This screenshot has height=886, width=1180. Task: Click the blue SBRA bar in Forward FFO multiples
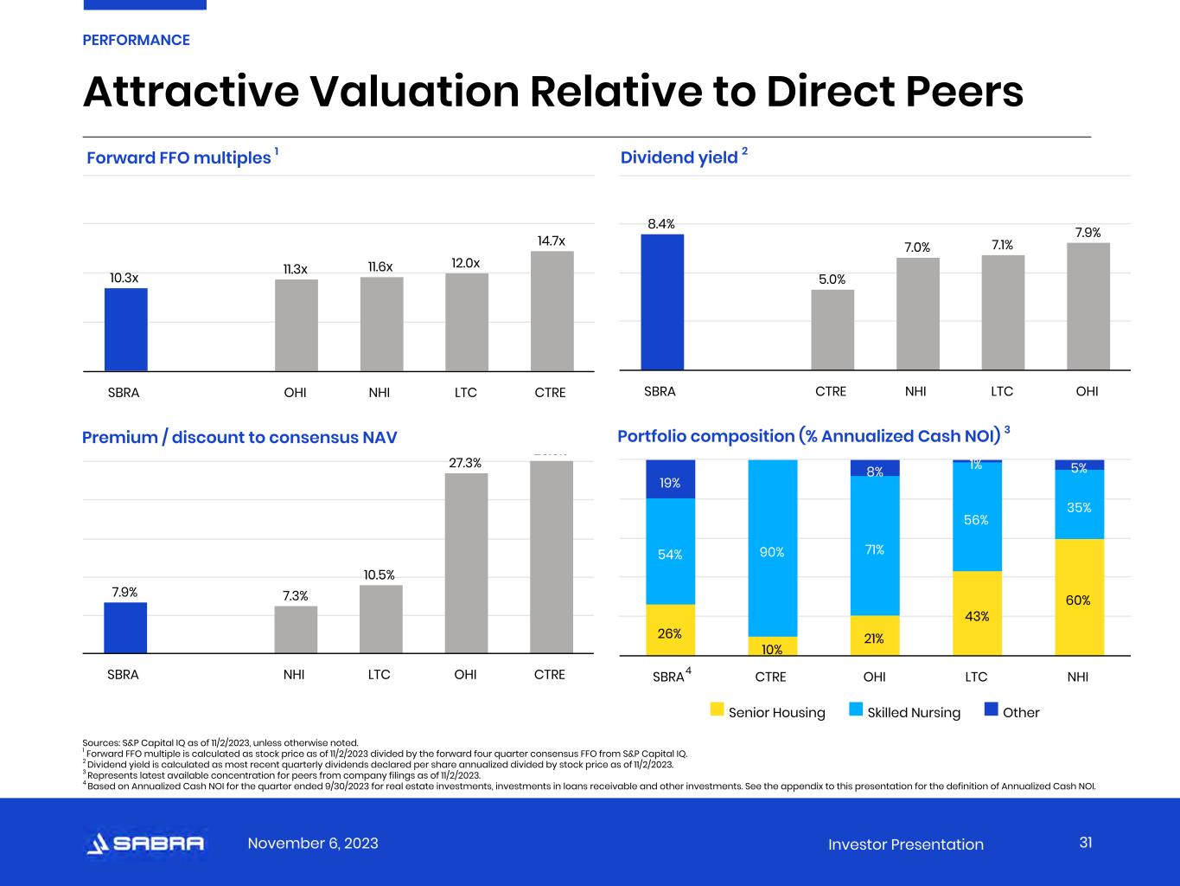click(x=126, y=330)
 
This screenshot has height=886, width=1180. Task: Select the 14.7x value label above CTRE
click(x=552, y=241)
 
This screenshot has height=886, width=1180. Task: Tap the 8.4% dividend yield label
click(x=661, y=224)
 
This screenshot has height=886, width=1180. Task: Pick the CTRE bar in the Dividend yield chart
click(x=832, y=330)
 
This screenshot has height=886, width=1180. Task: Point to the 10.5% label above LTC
click(x=380, y=575)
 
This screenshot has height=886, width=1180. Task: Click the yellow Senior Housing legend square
click(x=717, y=710)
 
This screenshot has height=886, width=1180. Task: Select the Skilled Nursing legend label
click(x=914, y=713)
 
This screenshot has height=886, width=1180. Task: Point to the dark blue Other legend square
click(x=992, y=710)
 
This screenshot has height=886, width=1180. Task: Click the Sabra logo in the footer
click(x=145, y=844)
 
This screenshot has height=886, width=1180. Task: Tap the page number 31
click(x=1086, y=843)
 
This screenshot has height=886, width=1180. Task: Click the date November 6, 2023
click(x=313, y=844)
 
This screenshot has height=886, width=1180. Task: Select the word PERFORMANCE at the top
click(x=136, y=40)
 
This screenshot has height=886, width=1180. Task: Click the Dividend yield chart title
click(x=679, y=157)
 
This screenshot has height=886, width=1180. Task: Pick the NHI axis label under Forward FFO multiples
click(x=379, y=393)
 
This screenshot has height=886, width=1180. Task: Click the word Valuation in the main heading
click(x=412, y=92)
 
